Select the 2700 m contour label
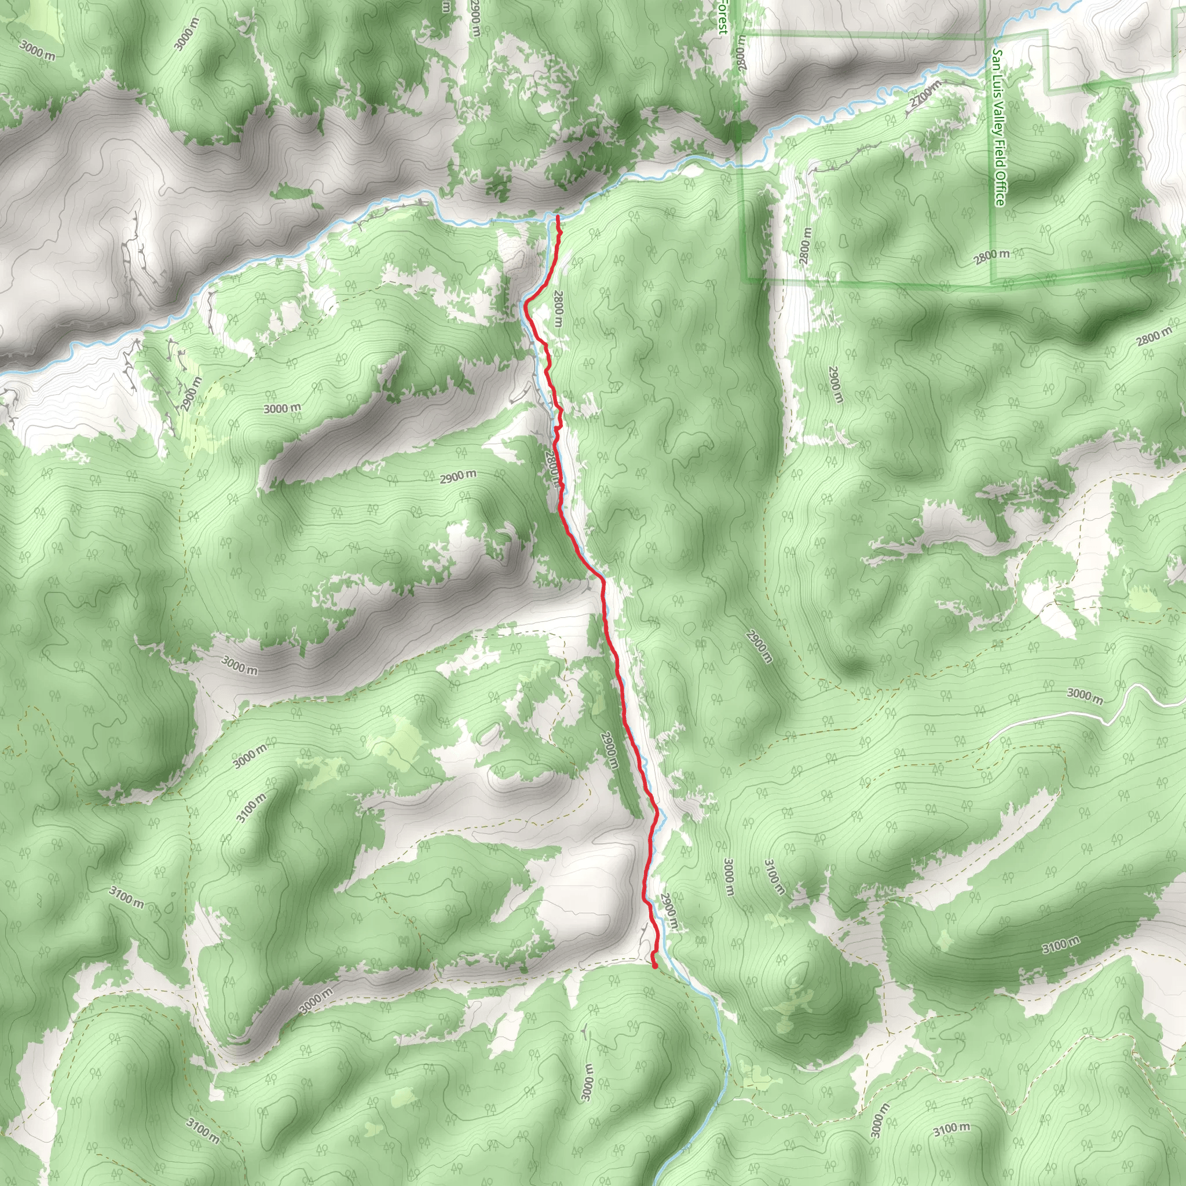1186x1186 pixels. (x=924, y=95)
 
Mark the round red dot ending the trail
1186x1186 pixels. (x=655, y=965)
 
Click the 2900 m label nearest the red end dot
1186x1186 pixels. (x=669, y=913)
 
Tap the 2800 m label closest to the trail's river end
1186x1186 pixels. (x=557, y=310)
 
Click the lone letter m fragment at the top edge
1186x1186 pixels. (x=446, y=6)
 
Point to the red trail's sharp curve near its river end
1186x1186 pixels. (x=526, y=302)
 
